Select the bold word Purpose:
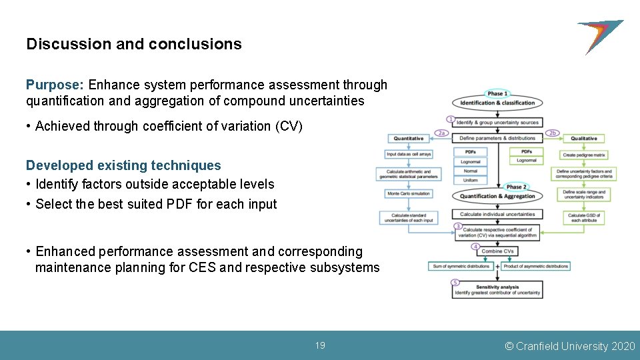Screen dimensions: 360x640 click(55, 85)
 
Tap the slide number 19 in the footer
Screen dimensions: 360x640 click(320, 345)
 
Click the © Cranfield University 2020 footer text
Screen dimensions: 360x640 click(570, 346)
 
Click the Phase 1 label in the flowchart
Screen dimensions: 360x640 click(497, 93)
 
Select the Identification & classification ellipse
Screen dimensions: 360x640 click(497, 103)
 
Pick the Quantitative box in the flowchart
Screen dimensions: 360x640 click(409, 139)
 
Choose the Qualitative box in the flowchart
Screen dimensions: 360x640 click(584, 139)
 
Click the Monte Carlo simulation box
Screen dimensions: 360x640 click(409, 193)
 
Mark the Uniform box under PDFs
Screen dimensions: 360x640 click(471, 180)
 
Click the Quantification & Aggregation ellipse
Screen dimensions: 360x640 click(497, 196)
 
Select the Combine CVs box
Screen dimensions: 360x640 click(497, 251)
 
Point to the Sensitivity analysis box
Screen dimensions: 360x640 click(497, 289)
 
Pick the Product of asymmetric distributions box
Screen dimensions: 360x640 click(536, 266)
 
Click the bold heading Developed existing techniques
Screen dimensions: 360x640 click(123, 165)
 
